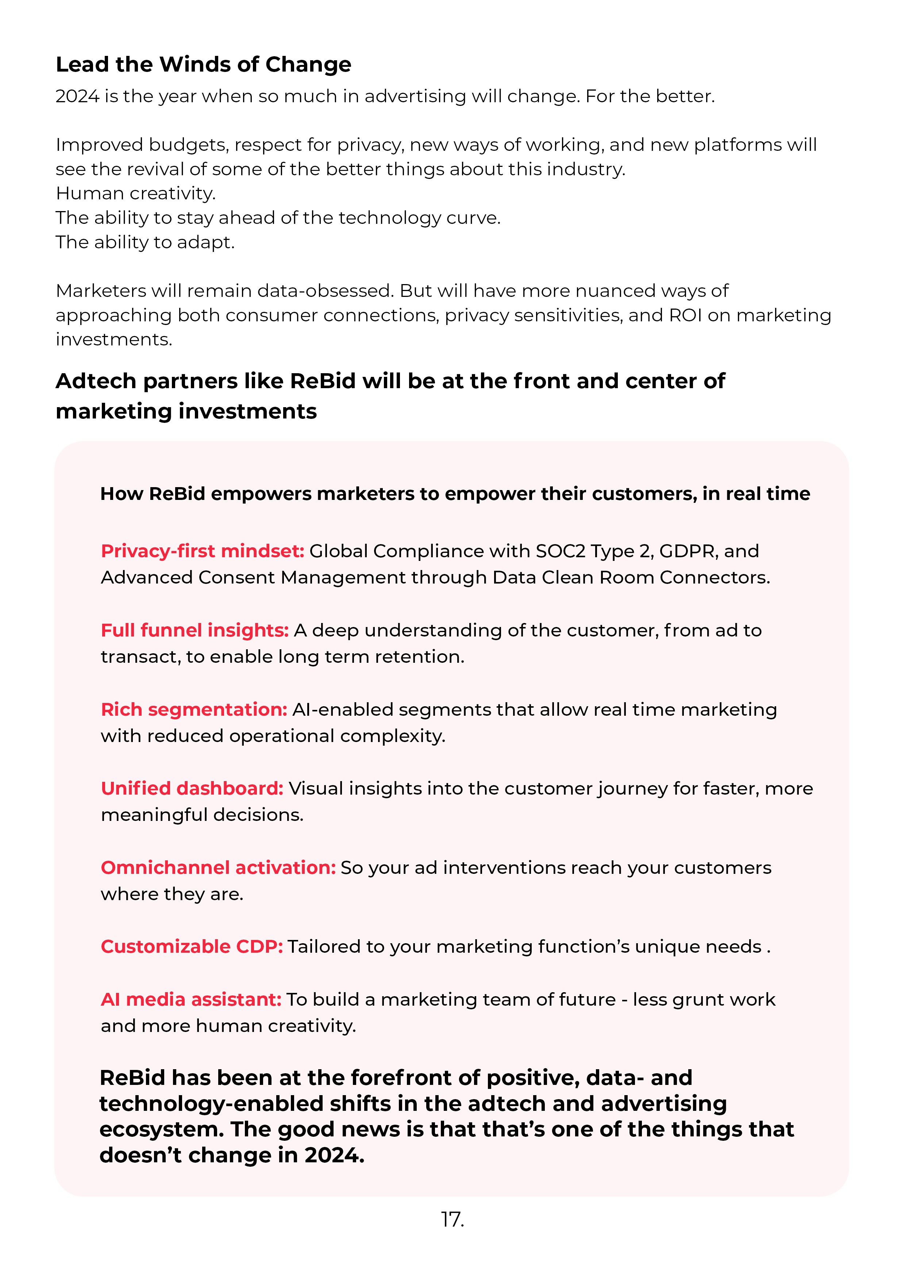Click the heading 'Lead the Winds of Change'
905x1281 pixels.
(x=204, y=65)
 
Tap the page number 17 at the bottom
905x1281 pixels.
(x=452, y=1220)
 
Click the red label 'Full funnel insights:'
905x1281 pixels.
(x=195, y=630)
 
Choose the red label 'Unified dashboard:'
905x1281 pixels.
(x=192, y=788)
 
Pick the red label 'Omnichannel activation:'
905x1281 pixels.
(x=218, y=868)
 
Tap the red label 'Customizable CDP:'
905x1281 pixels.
(x=192, y=947)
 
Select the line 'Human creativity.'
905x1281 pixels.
(x=135, y=194)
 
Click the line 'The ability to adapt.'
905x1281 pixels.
(x=145, y=242)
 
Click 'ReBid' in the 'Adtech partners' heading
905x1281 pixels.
(x=323, y=381)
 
